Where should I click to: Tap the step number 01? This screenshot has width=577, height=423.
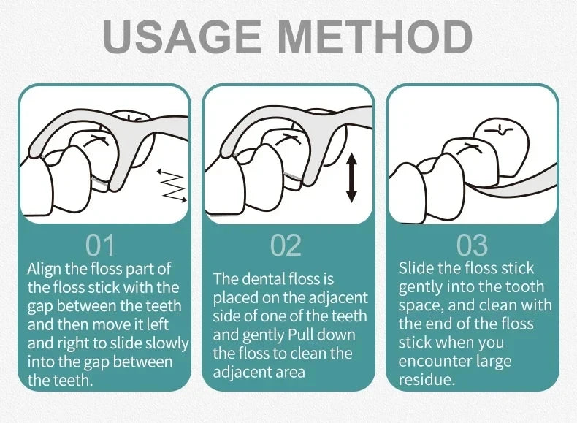100,245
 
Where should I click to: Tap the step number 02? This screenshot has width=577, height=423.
286,245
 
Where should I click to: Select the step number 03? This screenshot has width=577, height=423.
472,245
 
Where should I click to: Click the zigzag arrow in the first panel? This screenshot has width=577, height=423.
172,186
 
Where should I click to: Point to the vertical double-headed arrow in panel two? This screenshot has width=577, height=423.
352,178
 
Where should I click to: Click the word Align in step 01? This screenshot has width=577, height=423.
44,270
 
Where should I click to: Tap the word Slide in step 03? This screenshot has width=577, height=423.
416,268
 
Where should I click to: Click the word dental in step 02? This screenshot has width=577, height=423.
263,278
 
